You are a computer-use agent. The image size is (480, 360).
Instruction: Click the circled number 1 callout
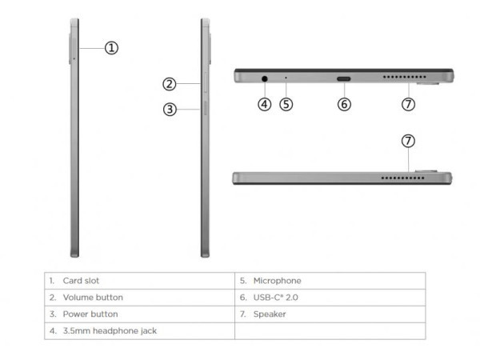(x=112, y=48)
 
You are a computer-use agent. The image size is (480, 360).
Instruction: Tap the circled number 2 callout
(x=170, y=84)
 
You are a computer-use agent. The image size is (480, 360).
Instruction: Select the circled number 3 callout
(x=170, y=110)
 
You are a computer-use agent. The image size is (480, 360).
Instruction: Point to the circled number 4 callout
(x=265, y=104)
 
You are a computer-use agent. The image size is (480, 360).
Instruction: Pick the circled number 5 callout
(x=286, y=104)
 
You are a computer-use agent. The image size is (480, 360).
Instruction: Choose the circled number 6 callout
(x=344, y=104)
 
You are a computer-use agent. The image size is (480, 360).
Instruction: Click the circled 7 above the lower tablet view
(x=408, y=141)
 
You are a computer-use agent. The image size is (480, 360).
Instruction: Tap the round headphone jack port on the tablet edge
(x=265, y=78)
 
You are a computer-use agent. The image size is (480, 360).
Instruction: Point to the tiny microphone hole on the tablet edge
(x=286, y=78)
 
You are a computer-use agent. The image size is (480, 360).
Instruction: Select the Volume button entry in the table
(x=93, y=298)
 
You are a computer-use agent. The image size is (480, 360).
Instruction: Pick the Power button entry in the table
(x=90, y=314)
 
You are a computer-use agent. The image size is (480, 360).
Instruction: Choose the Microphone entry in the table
(x=277, y=281)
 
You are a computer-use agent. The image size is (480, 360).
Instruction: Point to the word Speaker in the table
(x=270, y=314)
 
